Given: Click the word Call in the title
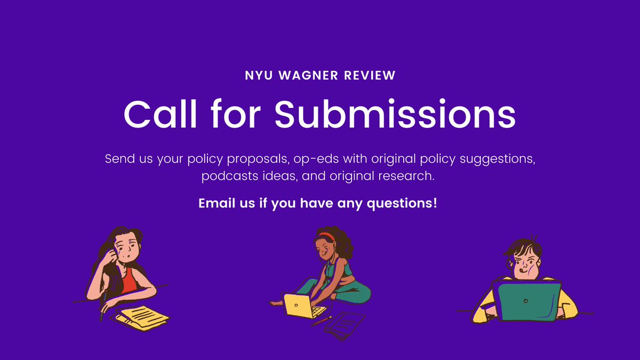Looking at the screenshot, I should (x=157, y=113).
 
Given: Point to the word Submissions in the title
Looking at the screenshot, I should (x=395, y=113).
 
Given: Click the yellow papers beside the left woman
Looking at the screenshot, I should (x=141, y=318).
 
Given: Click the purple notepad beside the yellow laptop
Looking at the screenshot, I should (x=345, y=325).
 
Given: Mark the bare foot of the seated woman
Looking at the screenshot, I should (x=276, y=302).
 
